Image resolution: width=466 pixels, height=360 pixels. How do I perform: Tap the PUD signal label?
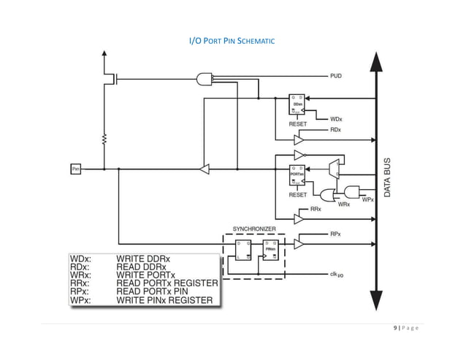336,75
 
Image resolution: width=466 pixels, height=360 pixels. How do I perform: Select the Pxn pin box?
75,169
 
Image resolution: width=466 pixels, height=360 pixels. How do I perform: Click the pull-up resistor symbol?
104,139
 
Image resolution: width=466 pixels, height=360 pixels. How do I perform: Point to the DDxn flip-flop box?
298,104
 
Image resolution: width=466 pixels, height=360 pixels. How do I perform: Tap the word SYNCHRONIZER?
254,229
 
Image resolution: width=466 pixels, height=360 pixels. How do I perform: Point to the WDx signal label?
336,118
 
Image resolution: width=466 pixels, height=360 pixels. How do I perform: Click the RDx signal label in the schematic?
335,129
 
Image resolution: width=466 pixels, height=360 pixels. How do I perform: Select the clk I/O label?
337,275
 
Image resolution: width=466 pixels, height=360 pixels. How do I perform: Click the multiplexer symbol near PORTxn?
333,169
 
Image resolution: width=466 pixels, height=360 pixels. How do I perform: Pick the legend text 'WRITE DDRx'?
146,258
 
